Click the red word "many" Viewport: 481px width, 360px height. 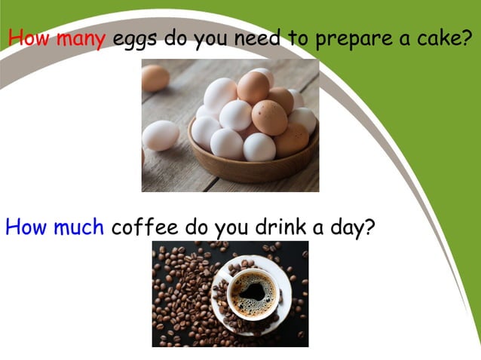tap(80, 38)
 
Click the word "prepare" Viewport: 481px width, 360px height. tap(348, 40)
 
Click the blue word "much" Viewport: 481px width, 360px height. tap(78, 227)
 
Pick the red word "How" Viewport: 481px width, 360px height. tap(29, 38)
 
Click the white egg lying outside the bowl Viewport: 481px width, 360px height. tap(161, 136)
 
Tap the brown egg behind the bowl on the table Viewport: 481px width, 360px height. tap(155, 78)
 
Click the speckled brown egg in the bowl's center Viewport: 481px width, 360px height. tap(269, 117)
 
